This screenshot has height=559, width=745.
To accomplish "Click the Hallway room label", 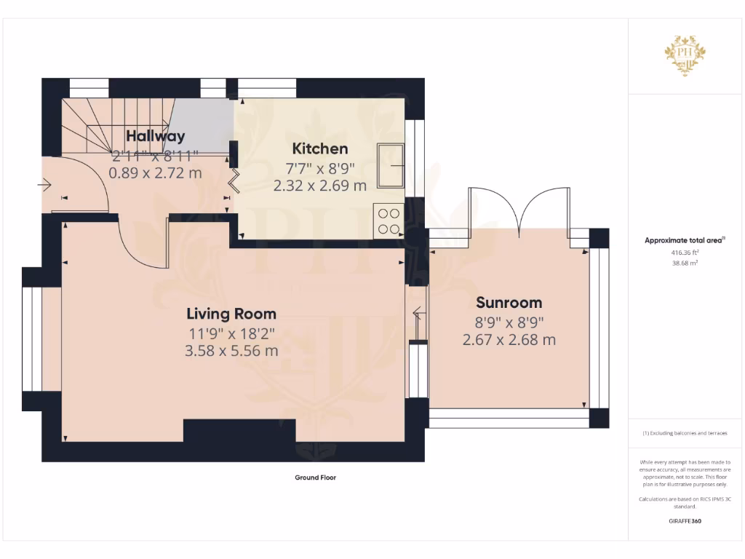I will (x=156, y=136).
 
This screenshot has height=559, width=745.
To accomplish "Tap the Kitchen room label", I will (x=320, y=148).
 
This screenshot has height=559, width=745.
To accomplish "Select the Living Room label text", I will (x=231, y=314).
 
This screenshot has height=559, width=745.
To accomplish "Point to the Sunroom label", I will (x=509, y=303).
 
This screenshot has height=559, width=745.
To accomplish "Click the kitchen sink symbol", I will (x=391, y=165).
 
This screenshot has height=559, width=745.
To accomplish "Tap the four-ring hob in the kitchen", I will (x=389, y=221).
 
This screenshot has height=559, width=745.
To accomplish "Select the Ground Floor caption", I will (x=315, y=478).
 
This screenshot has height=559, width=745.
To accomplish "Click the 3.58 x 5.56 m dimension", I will (x=231, y=350).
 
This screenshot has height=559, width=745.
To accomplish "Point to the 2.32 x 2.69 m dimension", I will (x=320, y=186).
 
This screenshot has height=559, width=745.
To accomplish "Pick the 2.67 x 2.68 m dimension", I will (x=509, y=339).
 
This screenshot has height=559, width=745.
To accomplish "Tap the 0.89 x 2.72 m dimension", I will (x=155, y=173).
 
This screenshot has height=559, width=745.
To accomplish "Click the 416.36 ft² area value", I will (x=685, y=253).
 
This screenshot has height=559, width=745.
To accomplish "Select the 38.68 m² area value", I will (x=685, y=263).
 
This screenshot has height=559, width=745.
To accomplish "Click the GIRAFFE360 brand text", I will (x=685, y=521).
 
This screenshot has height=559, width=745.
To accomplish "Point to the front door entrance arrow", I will (x=44, y=186).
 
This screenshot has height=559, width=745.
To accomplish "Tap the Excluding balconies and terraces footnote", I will (x=685, y=433).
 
